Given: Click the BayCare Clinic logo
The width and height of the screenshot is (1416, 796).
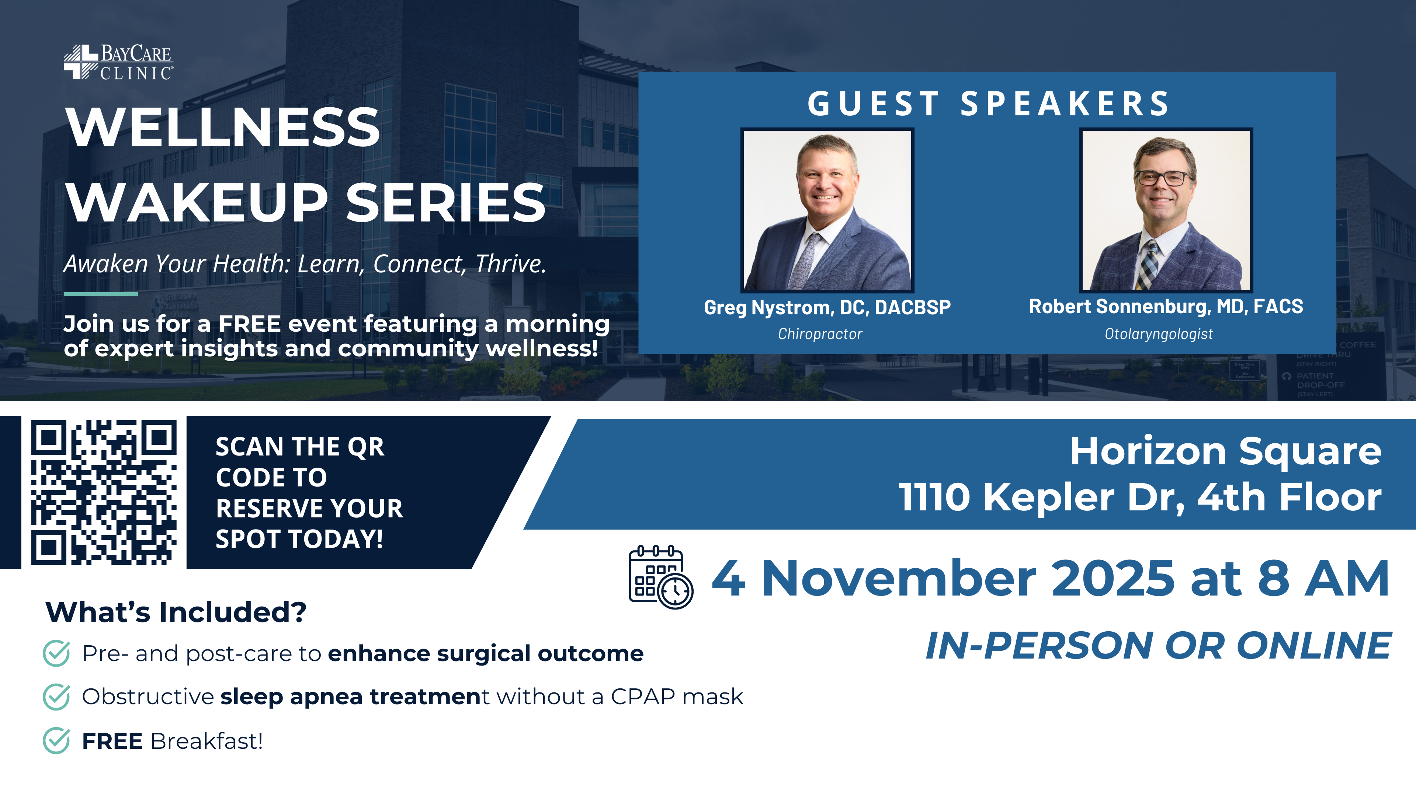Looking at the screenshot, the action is [x=118, y=62].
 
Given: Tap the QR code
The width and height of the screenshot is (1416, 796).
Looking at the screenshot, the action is [x=104, y=492].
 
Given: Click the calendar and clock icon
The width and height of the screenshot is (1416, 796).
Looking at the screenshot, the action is [x=661, y=577].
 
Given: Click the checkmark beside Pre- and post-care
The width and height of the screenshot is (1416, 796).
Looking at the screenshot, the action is [x=56, y=653].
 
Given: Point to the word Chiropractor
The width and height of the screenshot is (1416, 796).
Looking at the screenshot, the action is [x=820, y=334].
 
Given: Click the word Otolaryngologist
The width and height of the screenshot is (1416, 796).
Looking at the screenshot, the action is [x=1159, y=334].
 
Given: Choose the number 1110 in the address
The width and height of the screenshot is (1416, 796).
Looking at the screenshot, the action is [x=934, y=497].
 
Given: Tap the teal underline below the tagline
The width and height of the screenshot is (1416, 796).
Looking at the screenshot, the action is [x=101, y=294].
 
